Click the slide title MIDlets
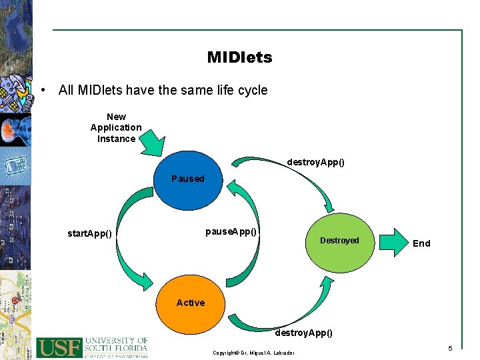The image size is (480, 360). pos(239,57)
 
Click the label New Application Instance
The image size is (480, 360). pos(116,127)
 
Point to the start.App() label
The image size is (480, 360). pos(89,233)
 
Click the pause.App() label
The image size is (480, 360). pos(231,231)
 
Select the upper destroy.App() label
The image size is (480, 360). pos(315,162)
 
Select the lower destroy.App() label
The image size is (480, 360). pos(303,332)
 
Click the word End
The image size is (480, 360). pos(421,243)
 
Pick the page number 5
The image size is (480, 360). pos(450,349)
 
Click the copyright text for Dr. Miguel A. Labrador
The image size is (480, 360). pos(253,352)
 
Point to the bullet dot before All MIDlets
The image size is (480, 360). pos(43,90)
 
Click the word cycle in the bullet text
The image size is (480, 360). pos(251,90)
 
